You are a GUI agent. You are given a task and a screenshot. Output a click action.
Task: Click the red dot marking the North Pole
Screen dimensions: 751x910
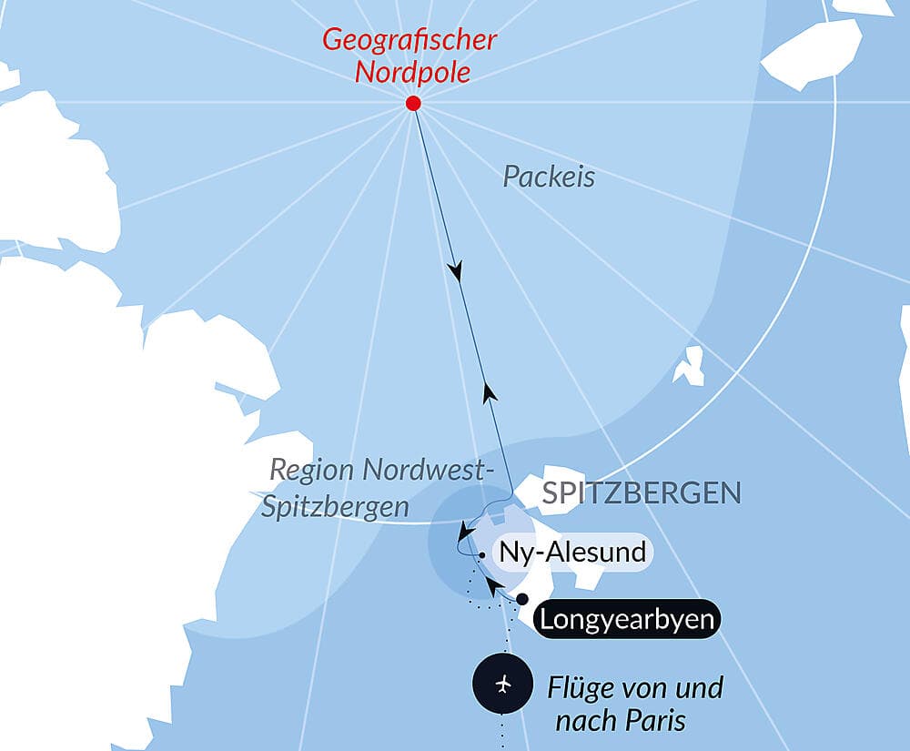[413, 103]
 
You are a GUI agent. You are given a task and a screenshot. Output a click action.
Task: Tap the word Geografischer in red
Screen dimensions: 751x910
[409, 40]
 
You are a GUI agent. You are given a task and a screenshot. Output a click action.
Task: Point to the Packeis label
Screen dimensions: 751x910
[549, 177]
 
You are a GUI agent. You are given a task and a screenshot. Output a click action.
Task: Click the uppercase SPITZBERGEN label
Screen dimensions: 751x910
[641, 493]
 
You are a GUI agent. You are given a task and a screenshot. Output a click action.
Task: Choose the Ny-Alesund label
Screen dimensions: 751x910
[571, 552]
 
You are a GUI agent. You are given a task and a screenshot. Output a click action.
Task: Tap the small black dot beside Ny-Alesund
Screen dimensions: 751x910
[480, 553]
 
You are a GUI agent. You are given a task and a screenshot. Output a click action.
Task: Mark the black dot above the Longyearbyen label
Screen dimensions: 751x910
[522, 598]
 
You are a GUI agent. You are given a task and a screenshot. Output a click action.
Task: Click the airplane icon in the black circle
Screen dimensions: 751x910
[503, 684]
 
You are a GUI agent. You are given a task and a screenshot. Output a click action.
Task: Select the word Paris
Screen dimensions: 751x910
[655, 721]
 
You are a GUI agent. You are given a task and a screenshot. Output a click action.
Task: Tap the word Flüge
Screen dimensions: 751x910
[581, 688]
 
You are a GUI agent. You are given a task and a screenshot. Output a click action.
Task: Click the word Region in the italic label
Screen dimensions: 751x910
[311, 471]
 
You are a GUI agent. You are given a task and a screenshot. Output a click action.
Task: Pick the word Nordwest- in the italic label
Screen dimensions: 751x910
[427, 471]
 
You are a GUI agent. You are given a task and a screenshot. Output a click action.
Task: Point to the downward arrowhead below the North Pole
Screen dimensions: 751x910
[455, 271]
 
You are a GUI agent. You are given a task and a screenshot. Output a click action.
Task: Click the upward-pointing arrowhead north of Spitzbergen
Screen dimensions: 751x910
[490, 392]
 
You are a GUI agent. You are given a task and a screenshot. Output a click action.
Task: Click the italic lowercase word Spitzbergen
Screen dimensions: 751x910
[335, 507]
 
